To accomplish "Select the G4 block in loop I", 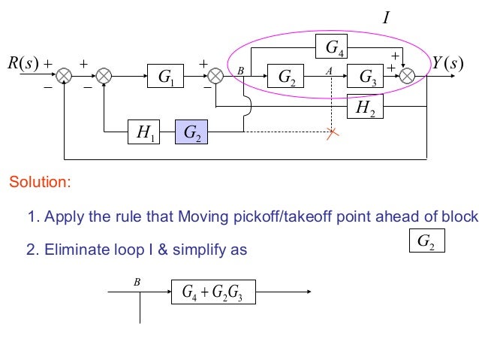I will [332, 48].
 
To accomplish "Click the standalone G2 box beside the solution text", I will [425, 241].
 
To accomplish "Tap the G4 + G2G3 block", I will [214, 292].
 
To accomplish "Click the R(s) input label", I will [23, 63].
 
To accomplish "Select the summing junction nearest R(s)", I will [65, 75].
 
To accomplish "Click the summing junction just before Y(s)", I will [408, 75].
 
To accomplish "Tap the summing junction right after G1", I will [215, 75].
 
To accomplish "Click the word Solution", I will [40, 182].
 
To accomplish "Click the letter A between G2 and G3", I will [328, 69].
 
